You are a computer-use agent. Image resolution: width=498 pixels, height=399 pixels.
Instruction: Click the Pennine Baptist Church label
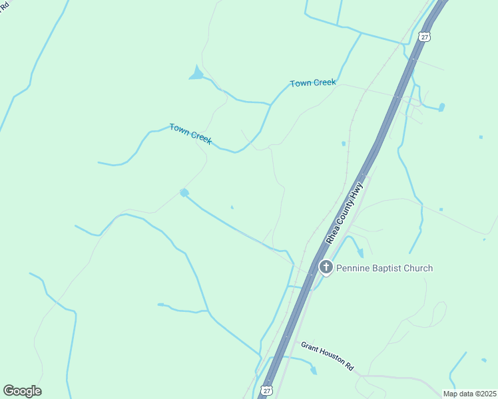[385, 268]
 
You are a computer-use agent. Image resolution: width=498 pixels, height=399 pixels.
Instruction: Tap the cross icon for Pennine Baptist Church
[326, 267]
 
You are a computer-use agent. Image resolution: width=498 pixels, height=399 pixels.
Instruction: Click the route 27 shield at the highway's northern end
[425, 37]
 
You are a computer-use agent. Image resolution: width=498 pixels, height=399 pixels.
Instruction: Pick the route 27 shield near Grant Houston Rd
[267, 391]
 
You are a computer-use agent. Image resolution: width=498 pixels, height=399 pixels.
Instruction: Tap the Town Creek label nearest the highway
[313, 83]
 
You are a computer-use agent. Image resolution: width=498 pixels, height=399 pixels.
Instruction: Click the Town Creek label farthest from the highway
[190, 134]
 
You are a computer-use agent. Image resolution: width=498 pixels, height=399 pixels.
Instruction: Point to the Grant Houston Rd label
[328, 356]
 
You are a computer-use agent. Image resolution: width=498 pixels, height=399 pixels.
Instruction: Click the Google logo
[22, 391]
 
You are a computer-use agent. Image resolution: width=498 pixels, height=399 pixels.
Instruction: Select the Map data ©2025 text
[469, 394]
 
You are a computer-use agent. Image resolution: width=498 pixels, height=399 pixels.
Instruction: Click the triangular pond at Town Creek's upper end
[196, 73]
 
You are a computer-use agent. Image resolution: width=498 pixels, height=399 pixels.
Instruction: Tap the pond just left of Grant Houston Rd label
[314, 370]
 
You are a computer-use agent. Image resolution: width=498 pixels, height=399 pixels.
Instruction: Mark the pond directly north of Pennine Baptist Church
[360, 253]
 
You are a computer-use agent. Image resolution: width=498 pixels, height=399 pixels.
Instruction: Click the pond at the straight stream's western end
[184, 193]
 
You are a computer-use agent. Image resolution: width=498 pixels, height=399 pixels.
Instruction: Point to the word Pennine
[352, 268]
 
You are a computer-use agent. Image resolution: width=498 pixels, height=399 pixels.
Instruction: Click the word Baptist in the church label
[385, 268]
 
